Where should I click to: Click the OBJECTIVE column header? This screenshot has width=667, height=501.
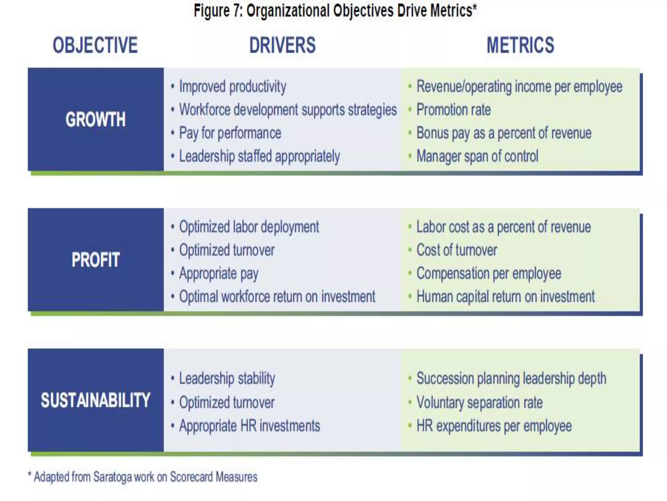coord(95,45)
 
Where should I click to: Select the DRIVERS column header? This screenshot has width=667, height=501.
coord(282,45)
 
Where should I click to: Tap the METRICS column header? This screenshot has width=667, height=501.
coord(520,45)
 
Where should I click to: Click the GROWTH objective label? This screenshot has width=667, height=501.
coord(95,119)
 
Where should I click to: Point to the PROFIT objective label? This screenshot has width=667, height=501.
coord(95,260)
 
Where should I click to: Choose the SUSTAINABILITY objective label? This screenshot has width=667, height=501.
coord(95,400)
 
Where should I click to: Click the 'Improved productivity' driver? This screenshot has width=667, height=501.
coord(233,87)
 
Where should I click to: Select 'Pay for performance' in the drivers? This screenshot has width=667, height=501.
coord(230,133)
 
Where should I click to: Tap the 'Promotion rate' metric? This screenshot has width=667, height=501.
coord(453,110)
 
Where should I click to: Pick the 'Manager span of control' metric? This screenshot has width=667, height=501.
coord(477,156)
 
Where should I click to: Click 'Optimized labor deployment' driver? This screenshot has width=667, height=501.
coord(249,227)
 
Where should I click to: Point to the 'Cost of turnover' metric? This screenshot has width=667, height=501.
coord(457,250)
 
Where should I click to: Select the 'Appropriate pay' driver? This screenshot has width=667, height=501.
coord(219,274)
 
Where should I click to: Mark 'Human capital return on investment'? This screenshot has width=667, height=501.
coord(505,297)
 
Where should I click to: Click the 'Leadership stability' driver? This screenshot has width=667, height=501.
coord(227,379)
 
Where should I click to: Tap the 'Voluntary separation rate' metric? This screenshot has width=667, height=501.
coord(479,402)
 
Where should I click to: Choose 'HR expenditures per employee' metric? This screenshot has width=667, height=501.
coord(494,426)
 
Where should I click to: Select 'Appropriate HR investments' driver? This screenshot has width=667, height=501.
coord(249,426)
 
